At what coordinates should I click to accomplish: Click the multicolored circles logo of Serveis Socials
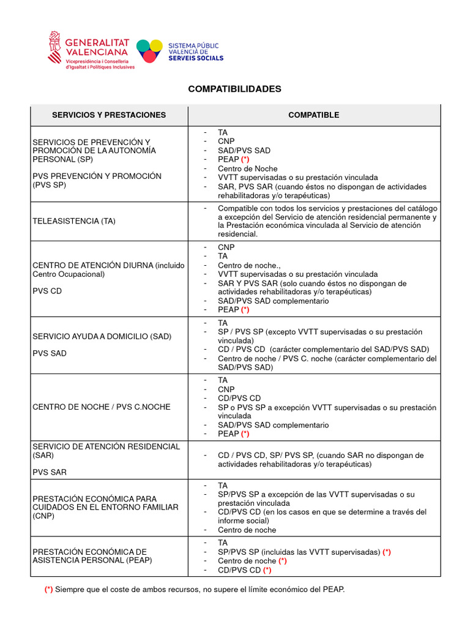coord(149,51)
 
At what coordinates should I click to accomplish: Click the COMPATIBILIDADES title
coord(234,89)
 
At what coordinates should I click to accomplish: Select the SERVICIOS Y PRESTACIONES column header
coord(109,115)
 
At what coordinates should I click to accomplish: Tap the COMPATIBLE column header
coord(313,115)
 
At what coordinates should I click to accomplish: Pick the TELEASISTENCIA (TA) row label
coord(74,221)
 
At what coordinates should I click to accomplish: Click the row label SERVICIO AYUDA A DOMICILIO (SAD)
coord(102,336)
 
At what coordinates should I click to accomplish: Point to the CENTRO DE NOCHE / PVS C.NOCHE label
coord(101,407)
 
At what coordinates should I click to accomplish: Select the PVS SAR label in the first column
coord(50,472)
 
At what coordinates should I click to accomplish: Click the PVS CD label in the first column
coord(47,291)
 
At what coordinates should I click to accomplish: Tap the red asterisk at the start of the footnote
coord(48,589)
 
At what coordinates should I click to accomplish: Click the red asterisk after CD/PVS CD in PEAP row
coord(267,570)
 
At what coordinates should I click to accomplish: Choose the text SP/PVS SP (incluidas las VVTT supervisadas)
coord(299,552)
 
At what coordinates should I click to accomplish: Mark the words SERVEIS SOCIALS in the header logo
coord(195,58)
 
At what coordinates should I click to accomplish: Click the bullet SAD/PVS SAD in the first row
coord(244,150)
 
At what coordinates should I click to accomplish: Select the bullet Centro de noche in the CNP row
coord(247,530)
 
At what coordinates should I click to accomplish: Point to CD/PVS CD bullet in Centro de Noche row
coord(239,398)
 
